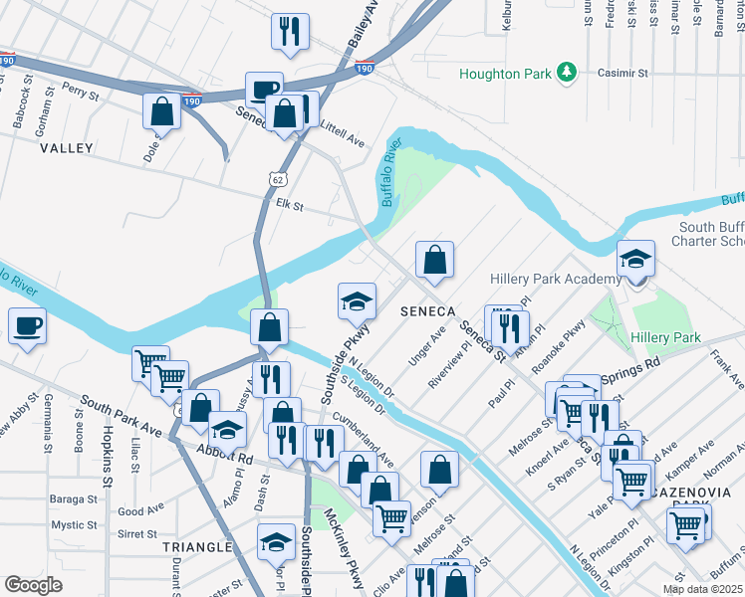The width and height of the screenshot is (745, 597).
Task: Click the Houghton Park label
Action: tap(504, 74)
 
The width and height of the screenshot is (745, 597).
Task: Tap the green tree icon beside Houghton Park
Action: tap(566, 72)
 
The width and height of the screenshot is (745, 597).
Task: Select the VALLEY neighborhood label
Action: tap(67, 148)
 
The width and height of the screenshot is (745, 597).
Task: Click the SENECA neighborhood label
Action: tap(427, 311)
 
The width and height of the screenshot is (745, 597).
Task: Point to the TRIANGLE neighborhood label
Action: tap(197, 547)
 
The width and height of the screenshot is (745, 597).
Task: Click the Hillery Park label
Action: tap(665, 338)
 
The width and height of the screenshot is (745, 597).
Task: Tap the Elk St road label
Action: tap(289, 205)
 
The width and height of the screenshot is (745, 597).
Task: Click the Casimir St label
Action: tap(622, 73)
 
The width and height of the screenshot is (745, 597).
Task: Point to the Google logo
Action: tap(33, 585)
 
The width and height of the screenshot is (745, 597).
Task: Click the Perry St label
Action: tap(81, 91)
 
